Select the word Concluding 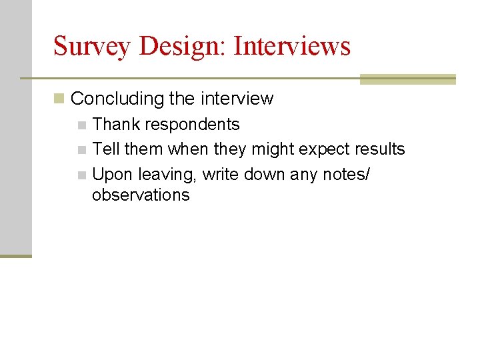pyautogui.click(x=117, y=99)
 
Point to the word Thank pyautogui.click(x=117, y=125)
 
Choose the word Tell pyautogui.click(x=106, y=149)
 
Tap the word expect pyautogui.click(x=323, y=149)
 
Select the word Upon pyautogui.click(x=113, y=175)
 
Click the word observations pyautogui.click(x=141, y=195)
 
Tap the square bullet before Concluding pyautogui.click(x=59, y=99)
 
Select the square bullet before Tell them pyautogui.click(x=82, y=149)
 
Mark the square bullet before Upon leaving pyautogui.click(x=82, y=175)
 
